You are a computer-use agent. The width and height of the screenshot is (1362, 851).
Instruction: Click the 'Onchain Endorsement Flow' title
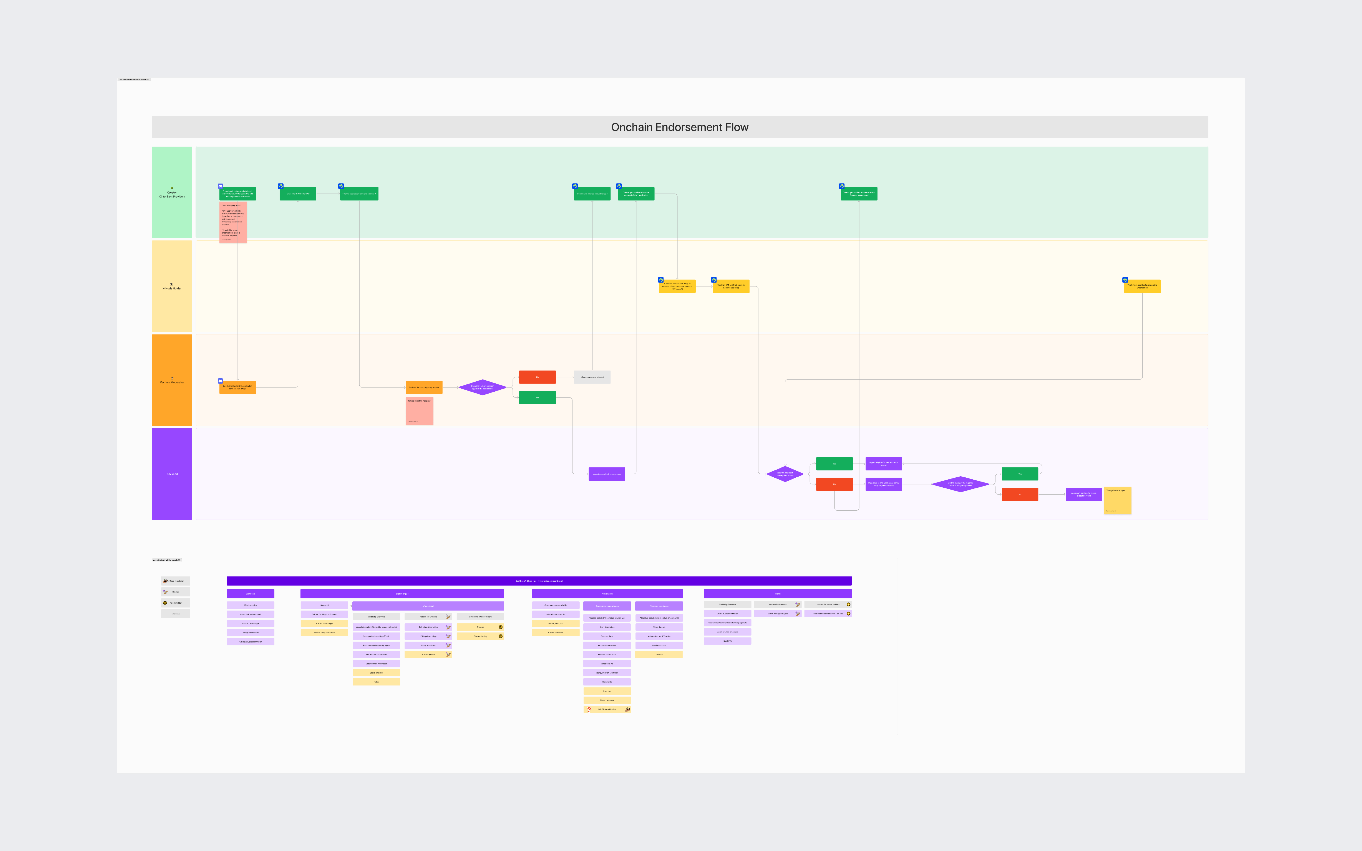pos(680,127)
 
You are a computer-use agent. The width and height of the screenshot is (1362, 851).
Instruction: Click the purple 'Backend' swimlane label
pos(172,474)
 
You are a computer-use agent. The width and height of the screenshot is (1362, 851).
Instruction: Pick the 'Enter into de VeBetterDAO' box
pos(298,194)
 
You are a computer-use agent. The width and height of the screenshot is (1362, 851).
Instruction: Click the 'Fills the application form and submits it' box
pos(359,194)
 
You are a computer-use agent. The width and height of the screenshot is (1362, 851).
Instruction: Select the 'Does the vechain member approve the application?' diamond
pos(482,387)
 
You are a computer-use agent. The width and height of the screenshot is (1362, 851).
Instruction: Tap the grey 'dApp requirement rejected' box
pos(592,377)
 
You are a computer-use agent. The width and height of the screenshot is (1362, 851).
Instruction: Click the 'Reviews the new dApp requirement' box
pos(424,387)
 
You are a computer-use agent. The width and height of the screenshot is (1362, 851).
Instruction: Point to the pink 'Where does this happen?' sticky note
pos(419,411)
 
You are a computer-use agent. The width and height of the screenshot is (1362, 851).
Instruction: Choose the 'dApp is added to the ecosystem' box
pos(607,474)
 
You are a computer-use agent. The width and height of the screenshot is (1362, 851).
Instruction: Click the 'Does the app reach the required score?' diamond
pos(785,474)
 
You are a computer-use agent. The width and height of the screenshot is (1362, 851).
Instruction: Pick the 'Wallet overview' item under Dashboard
pos(250,605)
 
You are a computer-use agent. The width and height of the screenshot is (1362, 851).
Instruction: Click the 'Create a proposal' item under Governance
pos(556,633)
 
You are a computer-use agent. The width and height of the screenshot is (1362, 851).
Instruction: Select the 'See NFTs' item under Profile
pos(727,641)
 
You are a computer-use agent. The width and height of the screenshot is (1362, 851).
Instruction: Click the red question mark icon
pos(589,709)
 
